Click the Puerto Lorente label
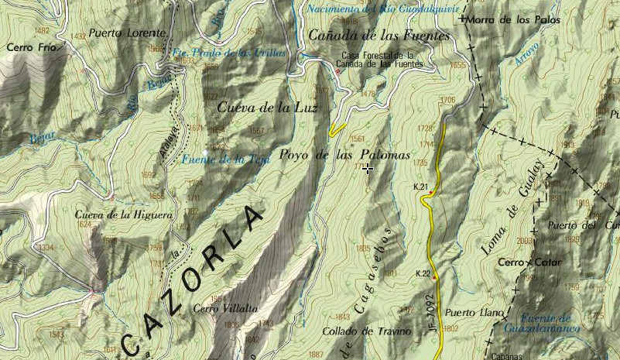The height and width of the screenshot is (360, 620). pos(127,33)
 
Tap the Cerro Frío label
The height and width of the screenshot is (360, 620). pos(30,47)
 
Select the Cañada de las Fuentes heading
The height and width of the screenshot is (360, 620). pos(379,35)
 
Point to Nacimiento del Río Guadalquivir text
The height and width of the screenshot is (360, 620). pos(382,9)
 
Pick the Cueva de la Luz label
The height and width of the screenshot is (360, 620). pos(267,108)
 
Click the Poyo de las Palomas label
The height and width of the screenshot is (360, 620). pos(344,155)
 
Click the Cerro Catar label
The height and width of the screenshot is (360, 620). pos(530,262)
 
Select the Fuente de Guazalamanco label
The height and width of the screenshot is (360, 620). pos(546,324)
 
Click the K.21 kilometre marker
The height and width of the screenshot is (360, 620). pos(421,187)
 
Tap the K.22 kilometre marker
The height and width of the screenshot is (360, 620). pos(423,273)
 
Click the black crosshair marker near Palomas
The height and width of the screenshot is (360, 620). pos(367,168)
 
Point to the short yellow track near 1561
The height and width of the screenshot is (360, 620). pos(337,129)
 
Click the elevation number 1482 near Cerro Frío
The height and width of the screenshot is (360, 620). pos(43,31)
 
